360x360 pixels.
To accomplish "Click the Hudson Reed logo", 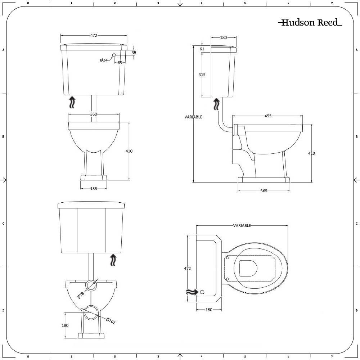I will pyautogui.click(x=310, y=23).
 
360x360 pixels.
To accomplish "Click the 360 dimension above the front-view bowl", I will pyautogui.click(x=94, y=114).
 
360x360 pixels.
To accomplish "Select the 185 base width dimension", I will pyautogui.click(x=94, y=188).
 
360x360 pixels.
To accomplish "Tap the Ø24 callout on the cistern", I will pyautogui.click(x=104, y=60).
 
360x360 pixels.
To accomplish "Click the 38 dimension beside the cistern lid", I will pyautogui.click(x=134, y=53).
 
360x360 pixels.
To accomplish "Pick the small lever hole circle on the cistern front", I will pyautogui.click(x=114, y=55).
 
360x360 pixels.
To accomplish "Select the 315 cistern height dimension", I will pyautogui.click(x=202, y=75).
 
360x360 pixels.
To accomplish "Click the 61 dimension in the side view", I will pyautogui.click(x=202, y=49).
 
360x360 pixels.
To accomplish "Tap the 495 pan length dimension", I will pyautogui.click(x=268, y=116).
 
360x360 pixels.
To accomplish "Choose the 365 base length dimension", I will pyautogui.click(x=264, y=191).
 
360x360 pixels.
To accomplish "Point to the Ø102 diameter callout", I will pyautogui.click(x=111, y=320).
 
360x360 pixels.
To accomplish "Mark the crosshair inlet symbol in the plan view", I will pyautogui.click(x=202, y=292).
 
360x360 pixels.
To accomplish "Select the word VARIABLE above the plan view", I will pyautogui.click(x=242, y=226).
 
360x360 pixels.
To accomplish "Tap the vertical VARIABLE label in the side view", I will pyautogui.click(x=193, y=117).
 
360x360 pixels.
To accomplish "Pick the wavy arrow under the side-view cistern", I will pyautogui.click(x=216, y=104).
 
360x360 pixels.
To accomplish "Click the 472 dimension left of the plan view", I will pyautogui.click(x=187, y=268).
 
